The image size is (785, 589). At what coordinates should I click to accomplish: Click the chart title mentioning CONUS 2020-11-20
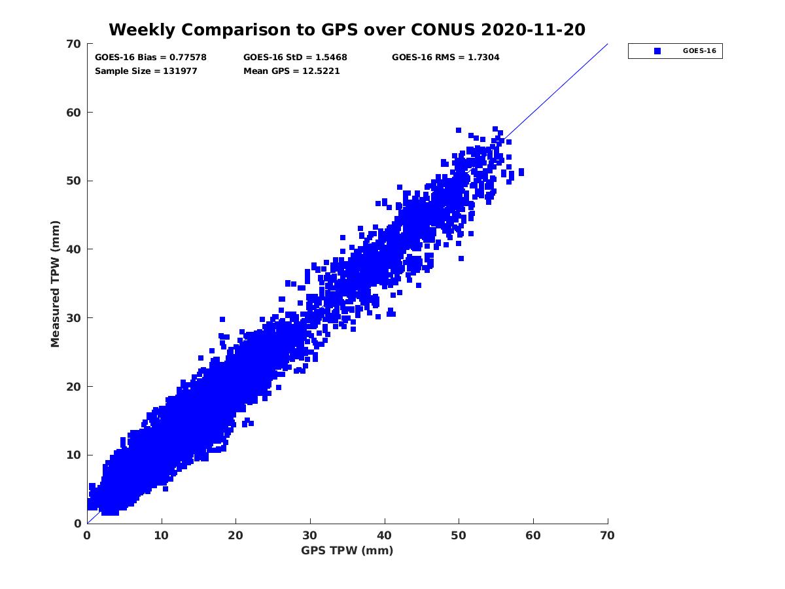[347, 29]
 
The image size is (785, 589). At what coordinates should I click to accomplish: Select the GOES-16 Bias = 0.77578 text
[150, 58]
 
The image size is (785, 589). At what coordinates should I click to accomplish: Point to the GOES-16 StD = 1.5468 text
[295, 58]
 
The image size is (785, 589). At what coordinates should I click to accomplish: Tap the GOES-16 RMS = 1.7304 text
[445, 58]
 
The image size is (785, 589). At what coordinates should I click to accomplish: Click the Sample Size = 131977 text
[146, 71]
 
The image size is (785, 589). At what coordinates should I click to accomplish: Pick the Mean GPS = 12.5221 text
[291, 71]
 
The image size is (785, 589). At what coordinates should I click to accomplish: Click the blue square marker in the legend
[657, 51]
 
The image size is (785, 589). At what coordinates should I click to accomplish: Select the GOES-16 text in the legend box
[697, 51]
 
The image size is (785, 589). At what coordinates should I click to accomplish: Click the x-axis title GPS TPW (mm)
[347, 550]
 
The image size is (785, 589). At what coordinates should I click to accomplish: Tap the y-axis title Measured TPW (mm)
[56, 283]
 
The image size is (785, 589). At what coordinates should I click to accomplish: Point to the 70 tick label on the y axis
[73, 44]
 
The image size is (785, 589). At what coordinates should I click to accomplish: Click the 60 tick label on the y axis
[73, 113]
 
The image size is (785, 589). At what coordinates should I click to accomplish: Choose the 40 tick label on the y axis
[73, 249]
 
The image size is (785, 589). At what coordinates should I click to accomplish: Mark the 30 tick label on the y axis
[73, 318]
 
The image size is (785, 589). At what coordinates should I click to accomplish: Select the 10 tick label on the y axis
[73, 455]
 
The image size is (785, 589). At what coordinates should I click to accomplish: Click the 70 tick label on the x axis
[608, 535]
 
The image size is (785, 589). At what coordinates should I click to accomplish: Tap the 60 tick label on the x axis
[533, 535]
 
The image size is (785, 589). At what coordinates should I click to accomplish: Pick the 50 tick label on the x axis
[459, 535]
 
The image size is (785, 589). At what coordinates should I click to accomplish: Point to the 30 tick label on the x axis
[310, 535]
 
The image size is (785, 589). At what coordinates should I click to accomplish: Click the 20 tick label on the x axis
[235, 535]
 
